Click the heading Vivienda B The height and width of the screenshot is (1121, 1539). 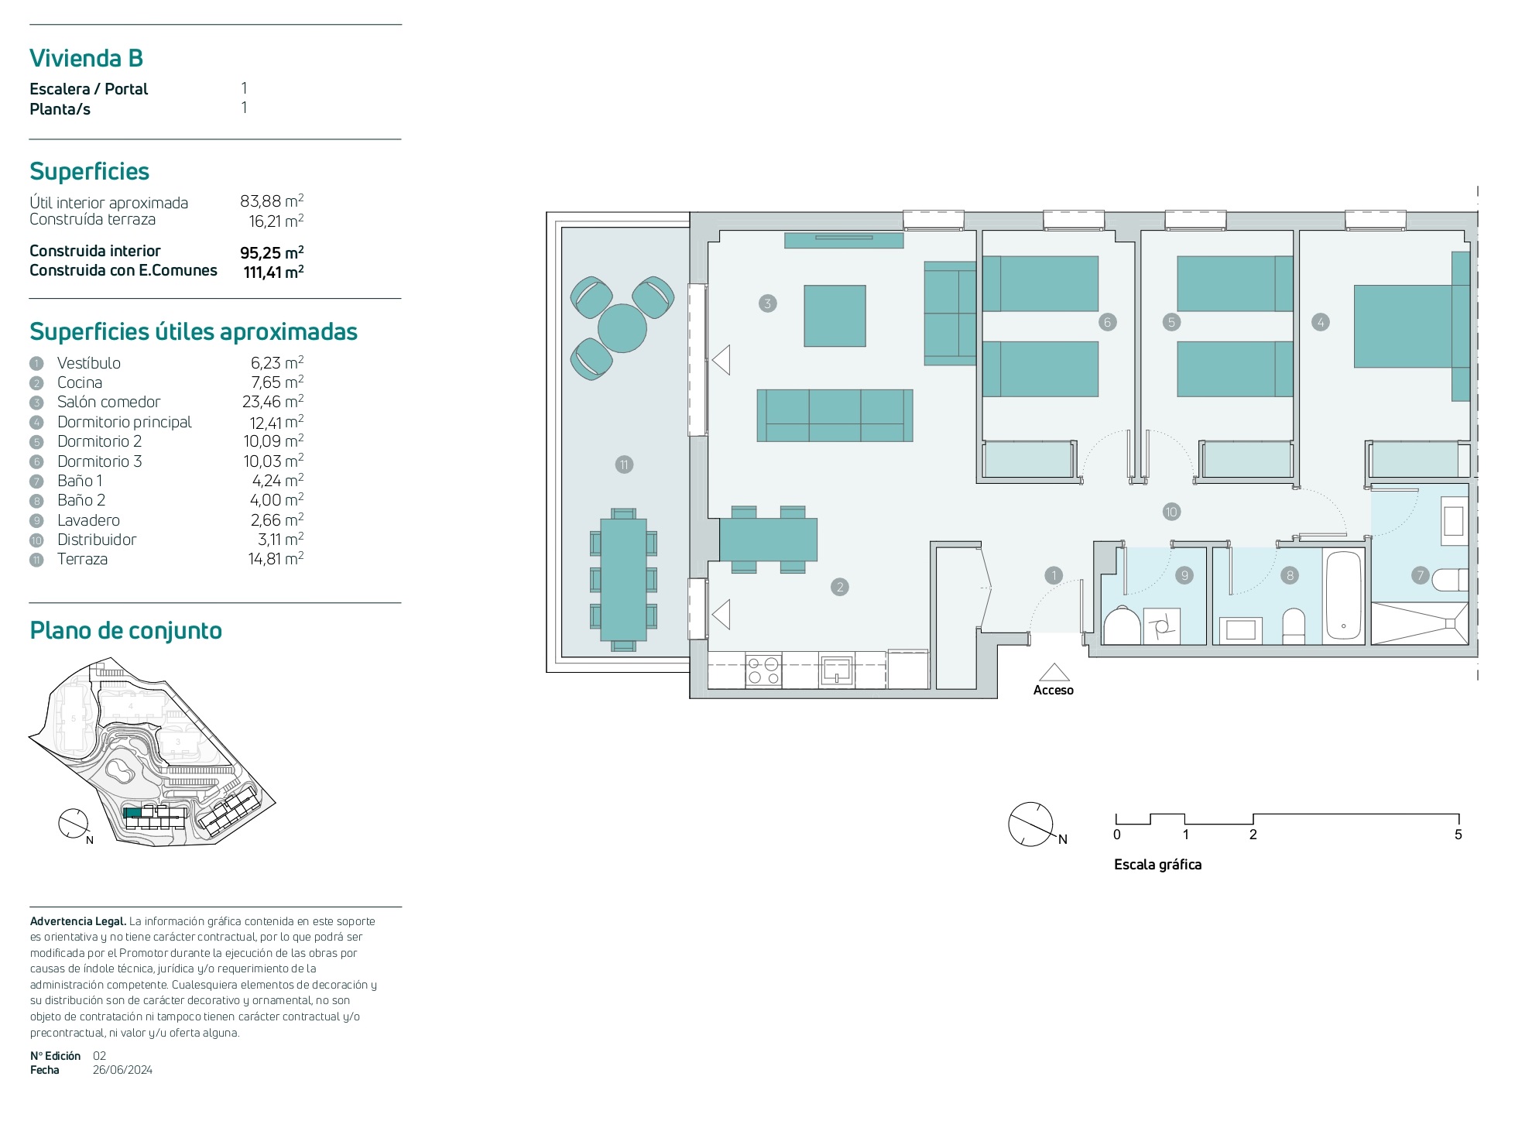86,58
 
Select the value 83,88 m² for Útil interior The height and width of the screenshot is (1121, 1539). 272,201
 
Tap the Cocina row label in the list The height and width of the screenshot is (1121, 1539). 80,382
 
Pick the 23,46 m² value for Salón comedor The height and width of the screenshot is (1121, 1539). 272,402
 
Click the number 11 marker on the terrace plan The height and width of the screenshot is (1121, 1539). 624,465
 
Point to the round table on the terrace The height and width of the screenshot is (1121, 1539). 622,328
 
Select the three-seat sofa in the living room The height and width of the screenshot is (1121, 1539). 835,416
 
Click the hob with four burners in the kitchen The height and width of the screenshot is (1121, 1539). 763,671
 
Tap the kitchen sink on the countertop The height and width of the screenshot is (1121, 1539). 837,670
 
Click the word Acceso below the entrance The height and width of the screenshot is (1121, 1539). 1053,690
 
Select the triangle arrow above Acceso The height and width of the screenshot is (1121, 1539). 1054,672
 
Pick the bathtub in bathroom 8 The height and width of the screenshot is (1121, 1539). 1343,595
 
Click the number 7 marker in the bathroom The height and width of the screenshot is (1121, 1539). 1420,575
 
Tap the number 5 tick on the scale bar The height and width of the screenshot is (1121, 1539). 1458,835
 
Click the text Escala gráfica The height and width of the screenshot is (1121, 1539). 1157,865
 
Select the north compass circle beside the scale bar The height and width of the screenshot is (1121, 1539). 1030,824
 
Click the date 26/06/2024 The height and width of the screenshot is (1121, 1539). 122,1070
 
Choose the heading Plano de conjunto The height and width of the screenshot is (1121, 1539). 125,631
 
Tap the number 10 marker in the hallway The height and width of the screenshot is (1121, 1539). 1171,512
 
